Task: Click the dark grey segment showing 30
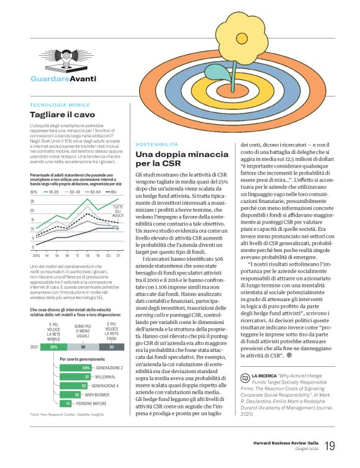111,347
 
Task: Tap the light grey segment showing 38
83,347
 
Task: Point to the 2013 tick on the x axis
35,254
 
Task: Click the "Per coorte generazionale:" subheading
81,359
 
